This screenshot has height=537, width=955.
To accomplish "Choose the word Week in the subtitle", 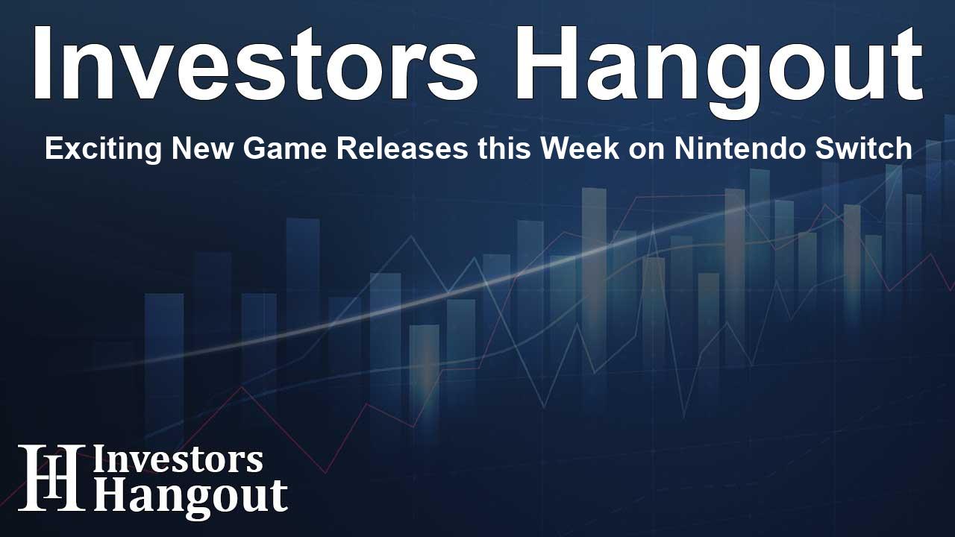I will pos(574,149).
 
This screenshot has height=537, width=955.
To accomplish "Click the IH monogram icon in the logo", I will pos(51,478).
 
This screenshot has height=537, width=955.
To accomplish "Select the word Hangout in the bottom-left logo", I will pos(190,495).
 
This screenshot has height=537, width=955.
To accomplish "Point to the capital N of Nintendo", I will pos(684,149).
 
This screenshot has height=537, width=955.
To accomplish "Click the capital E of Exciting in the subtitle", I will pos(52,149).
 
